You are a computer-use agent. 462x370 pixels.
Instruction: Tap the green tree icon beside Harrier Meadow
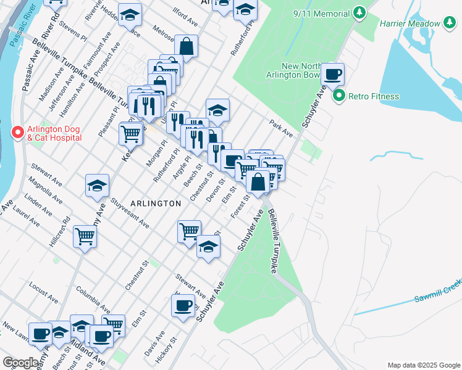point(450,24)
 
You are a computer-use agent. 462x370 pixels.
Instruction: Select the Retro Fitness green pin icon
point(338,96)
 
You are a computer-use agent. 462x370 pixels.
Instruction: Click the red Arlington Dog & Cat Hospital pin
point(18,133)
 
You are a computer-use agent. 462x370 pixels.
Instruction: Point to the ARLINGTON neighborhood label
point(156,203)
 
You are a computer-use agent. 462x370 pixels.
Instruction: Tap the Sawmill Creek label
point(439,290)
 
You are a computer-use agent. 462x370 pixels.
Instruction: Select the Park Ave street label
point(280,128)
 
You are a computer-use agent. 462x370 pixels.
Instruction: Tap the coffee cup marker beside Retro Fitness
point(332,75)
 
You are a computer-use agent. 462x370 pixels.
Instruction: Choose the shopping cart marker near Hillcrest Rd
point(85,236)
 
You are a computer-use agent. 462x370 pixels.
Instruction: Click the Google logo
point(20,363)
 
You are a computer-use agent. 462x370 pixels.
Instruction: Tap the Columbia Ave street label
point(93,299)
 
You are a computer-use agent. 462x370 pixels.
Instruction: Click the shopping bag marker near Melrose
point(186,46)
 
